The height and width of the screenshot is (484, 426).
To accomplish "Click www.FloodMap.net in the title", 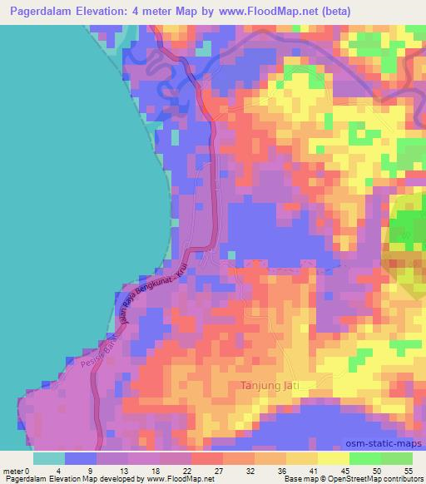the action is click(x=259, y=12).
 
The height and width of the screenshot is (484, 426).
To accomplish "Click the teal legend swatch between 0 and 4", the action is click(x=49, y=458).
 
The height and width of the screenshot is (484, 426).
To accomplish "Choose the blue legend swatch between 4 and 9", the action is click(x=82, y=458).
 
